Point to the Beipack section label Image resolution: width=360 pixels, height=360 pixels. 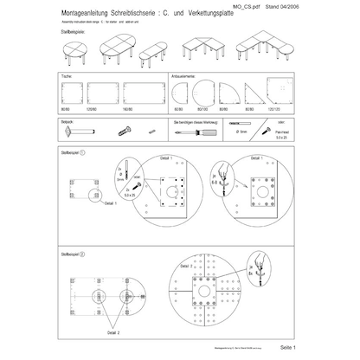tap(67, 124)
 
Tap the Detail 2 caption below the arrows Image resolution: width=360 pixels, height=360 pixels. tap(113, 331)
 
